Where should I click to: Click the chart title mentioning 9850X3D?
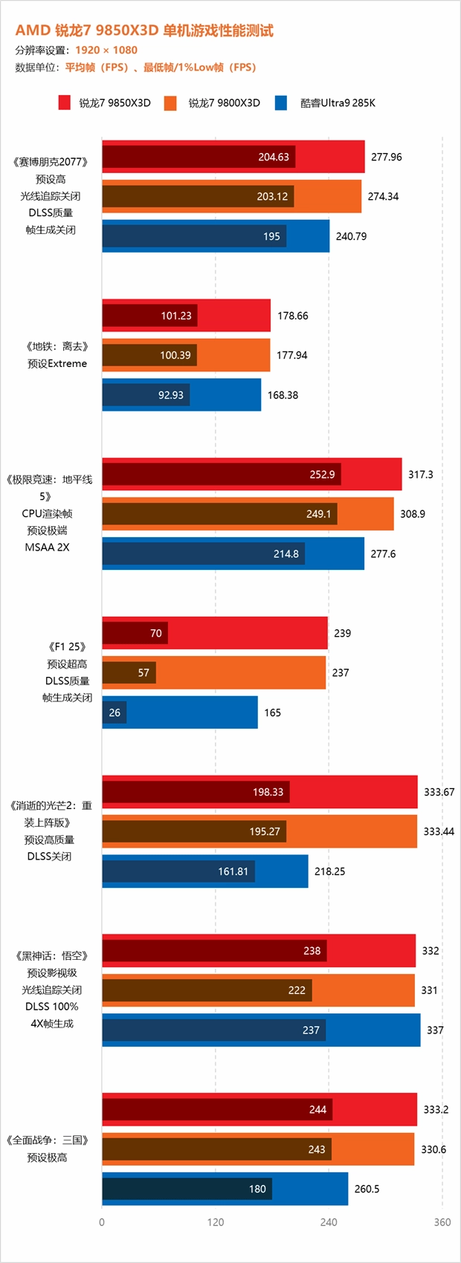144,30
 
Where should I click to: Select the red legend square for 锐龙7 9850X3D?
65,103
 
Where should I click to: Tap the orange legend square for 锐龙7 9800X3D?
170,103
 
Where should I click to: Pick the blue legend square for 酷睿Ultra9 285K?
280,103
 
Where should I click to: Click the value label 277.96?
386,157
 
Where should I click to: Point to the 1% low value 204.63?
273,157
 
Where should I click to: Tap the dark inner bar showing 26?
115,712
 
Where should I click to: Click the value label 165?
272,712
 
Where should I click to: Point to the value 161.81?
233,871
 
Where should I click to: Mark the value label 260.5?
367,1189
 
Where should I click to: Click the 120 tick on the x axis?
216,1222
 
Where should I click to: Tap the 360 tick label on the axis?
442,1222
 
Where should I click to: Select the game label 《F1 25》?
67,647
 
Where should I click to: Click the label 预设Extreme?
57,363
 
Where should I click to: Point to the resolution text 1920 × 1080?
106,50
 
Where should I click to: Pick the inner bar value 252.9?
322,475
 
